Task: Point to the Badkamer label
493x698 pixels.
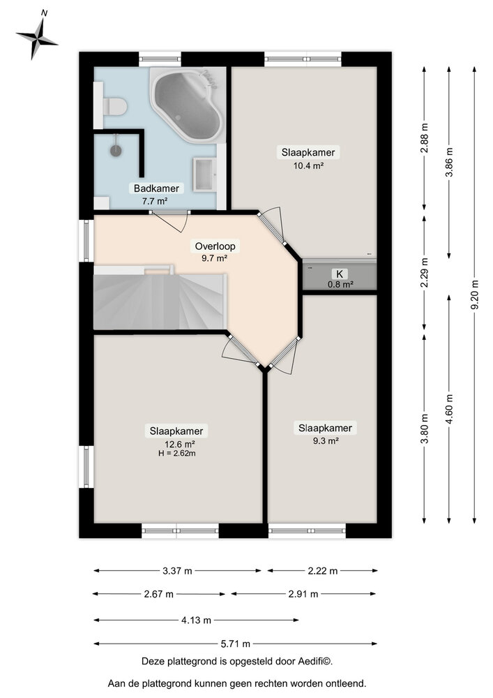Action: point(157,188)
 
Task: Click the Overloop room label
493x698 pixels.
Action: point(215,246)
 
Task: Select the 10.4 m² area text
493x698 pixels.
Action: point(308,165)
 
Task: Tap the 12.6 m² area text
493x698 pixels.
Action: point(179,443)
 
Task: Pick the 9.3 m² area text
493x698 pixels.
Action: point(325,440)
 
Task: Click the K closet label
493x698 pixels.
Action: point(340,274)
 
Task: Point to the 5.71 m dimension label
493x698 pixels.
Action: point(237,644)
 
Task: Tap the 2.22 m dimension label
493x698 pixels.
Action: point(322,571)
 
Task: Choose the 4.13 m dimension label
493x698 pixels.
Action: point(197,620)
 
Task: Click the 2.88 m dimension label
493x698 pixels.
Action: point(424,137)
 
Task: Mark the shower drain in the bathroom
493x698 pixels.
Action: point(115,149)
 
